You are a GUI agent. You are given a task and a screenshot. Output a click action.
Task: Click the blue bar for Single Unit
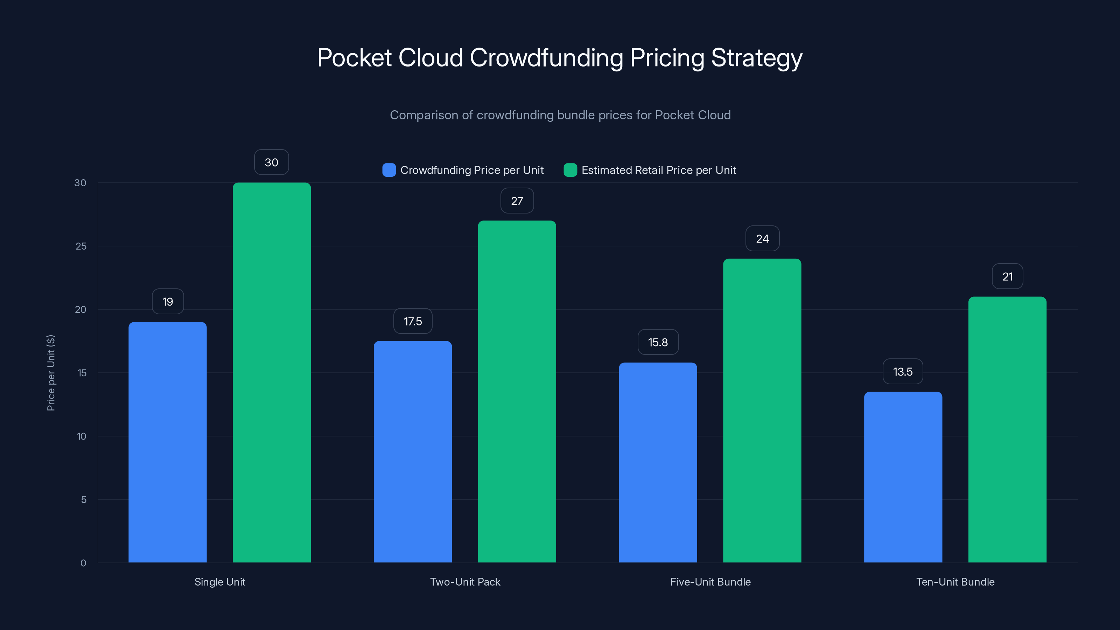167,442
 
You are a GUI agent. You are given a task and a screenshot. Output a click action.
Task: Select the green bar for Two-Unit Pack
517,391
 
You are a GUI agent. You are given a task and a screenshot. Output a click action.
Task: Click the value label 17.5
413,321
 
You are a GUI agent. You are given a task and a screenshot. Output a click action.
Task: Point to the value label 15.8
658,342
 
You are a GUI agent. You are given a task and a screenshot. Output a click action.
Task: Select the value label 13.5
903,372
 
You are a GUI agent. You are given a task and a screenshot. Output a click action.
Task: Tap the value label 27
517,201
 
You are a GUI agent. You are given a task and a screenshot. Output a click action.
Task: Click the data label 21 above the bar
1007,276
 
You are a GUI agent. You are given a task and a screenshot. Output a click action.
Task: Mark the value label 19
167,302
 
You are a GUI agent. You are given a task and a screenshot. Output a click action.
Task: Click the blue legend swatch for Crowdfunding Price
389,170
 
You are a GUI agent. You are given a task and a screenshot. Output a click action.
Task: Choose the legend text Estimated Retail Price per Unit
658,170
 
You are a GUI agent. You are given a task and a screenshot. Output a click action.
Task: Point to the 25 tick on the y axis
81,246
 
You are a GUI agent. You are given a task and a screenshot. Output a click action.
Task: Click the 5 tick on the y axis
84,499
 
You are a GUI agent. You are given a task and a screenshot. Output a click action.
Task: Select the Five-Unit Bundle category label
710,582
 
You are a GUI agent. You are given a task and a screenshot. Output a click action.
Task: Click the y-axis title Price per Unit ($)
51,373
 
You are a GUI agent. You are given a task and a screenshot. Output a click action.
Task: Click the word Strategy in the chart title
756,58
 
